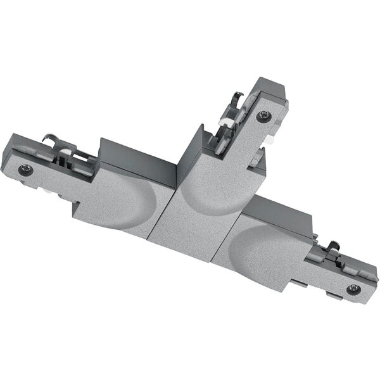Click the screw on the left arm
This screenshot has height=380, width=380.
point(25,169)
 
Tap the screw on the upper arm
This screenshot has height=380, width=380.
point(263,116)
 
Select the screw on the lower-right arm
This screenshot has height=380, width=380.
point(353,289)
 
